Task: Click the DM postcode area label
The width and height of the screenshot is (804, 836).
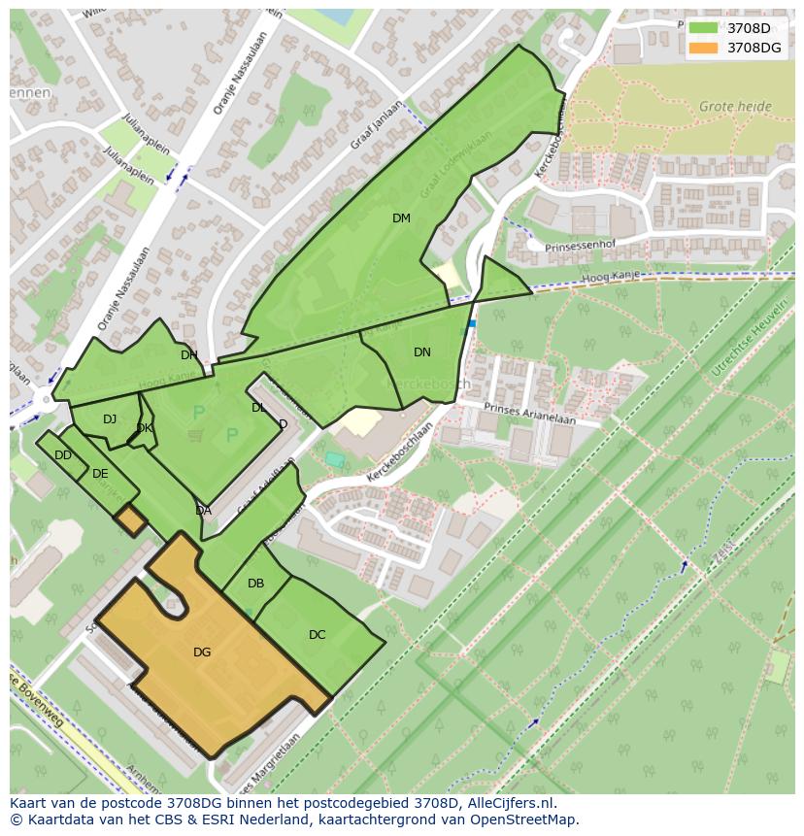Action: coord(401,218)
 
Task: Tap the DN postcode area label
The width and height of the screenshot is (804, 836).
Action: coord(421,352)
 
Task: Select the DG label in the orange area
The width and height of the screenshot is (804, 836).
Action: coord(202,652)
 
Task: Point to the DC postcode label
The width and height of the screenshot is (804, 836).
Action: coord(317,635)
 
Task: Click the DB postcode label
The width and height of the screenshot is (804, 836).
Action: coord(255,584)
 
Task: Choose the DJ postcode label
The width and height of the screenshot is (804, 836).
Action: coord(110,419)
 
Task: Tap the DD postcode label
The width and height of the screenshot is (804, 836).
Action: coord(63,455)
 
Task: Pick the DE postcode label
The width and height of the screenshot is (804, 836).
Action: coord(100,474)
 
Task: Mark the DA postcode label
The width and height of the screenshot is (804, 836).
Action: coord(203,511)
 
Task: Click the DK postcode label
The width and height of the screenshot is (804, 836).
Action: coord(144,428)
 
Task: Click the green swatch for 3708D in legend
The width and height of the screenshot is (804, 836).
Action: coord(702,28)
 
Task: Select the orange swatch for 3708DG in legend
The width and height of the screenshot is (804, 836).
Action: coord(702,48)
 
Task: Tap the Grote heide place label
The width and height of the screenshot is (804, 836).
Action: coord(735,107)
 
